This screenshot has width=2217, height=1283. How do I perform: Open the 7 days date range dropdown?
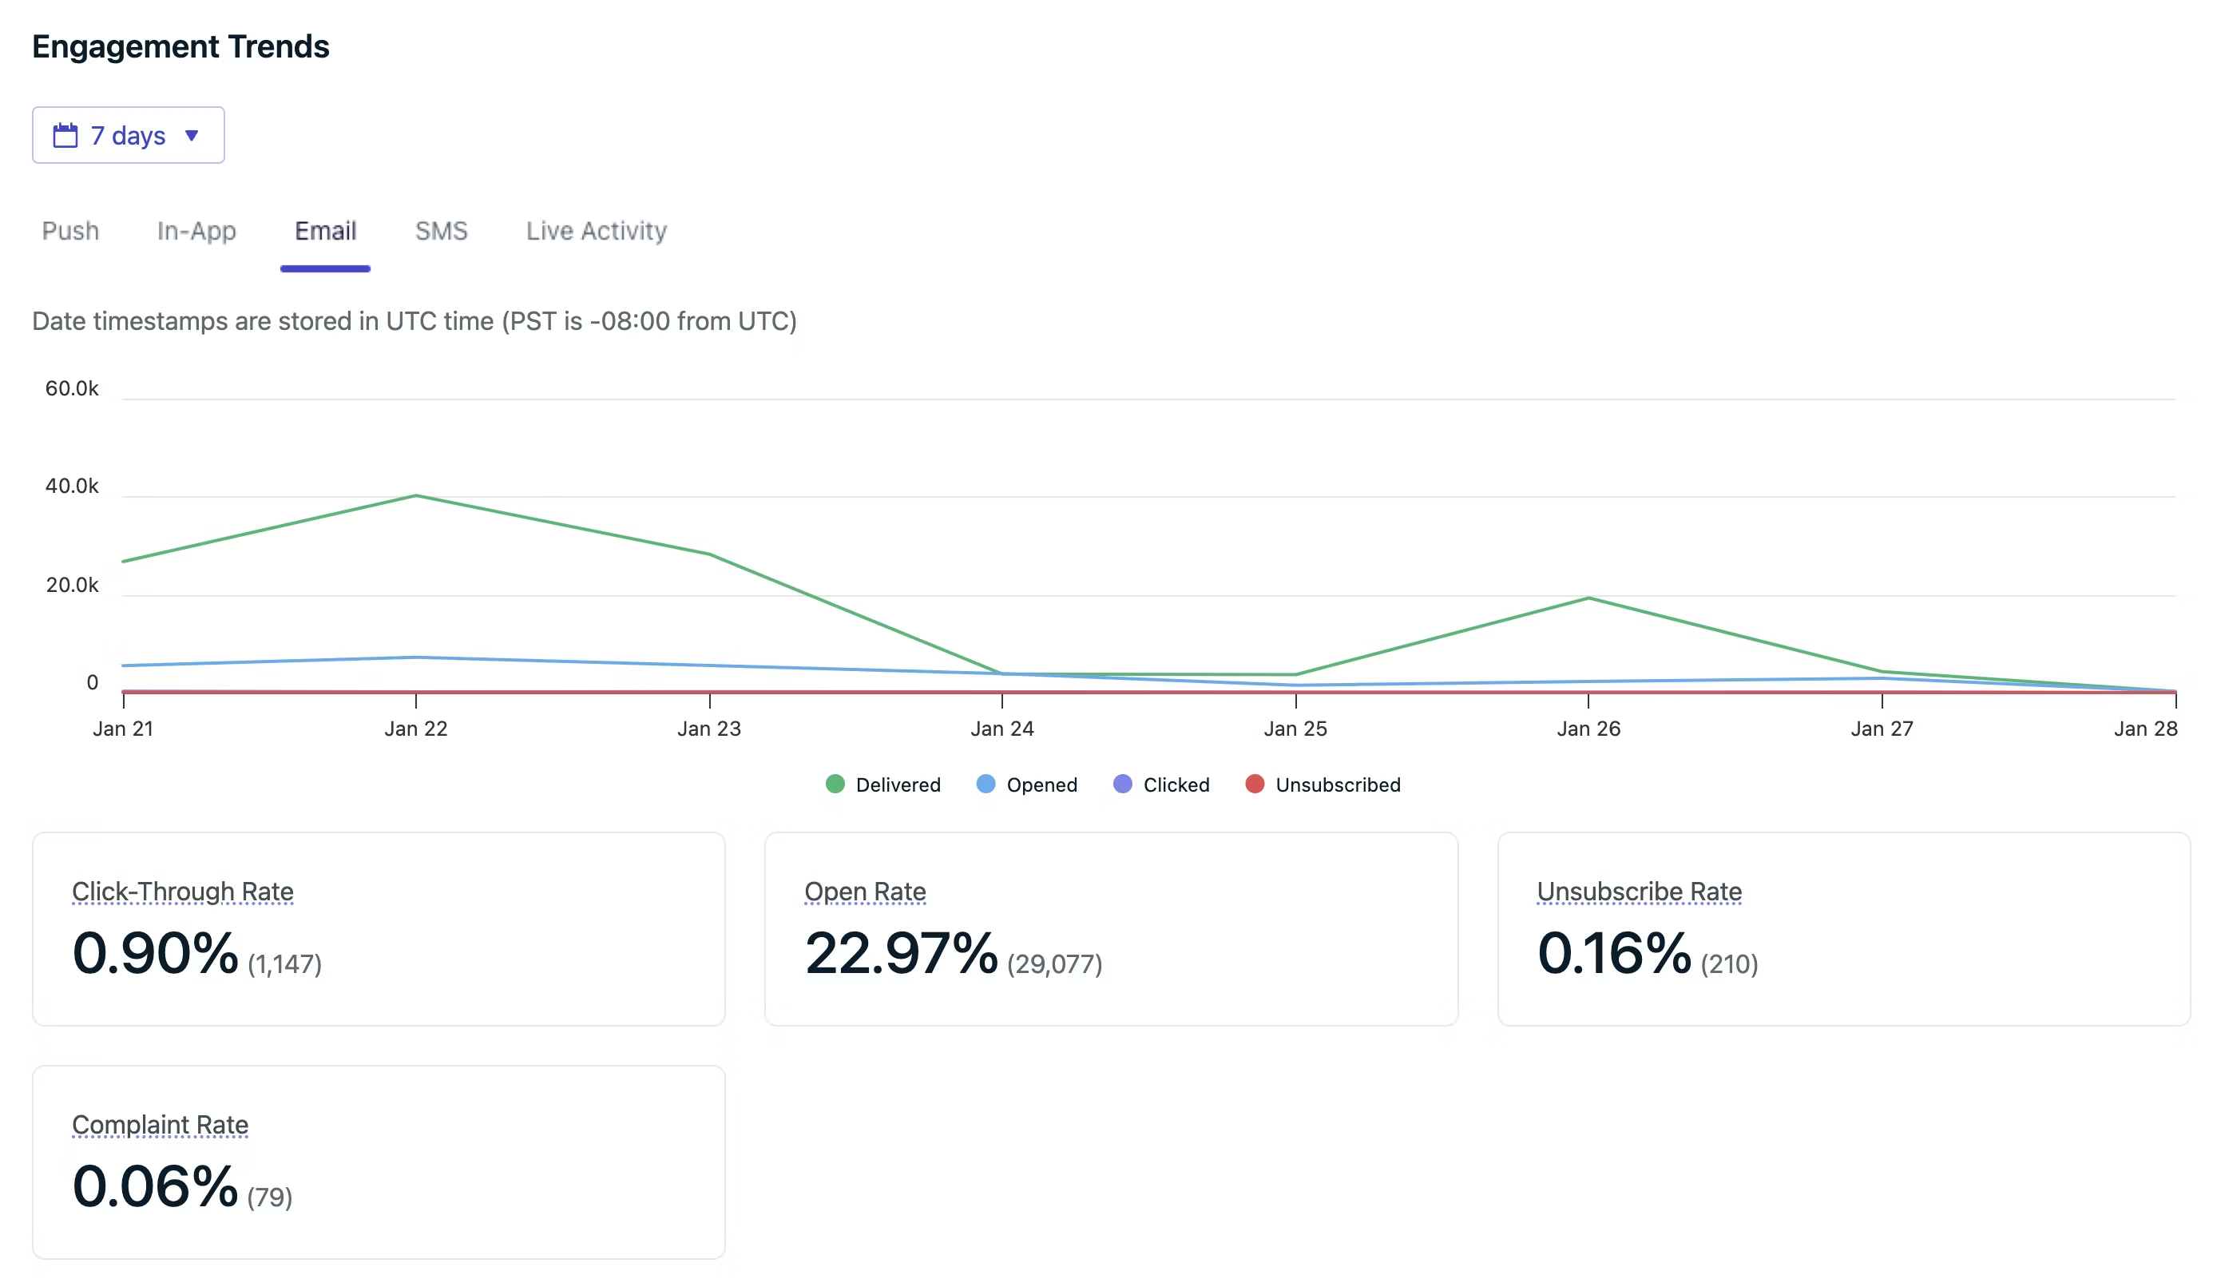pyautogui.click(x=129, y=136)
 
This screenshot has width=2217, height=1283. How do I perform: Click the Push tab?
pyautogui.click(x=70, y=231)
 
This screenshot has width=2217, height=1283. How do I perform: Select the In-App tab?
pyautogui.click(x=196, y=231)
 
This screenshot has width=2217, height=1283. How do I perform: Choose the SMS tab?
pyautogui.click(x=441, y=231)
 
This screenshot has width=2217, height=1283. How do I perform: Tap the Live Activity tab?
pyautogui.click(x=596, y=231)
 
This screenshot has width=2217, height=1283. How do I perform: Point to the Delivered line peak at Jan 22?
pyautogui.click(x=416, y=496)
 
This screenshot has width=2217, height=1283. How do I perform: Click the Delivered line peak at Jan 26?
pyautogui.click(x=1588, y=598)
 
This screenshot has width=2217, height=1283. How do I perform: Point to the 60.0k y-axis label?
pyautogui.click(x=72, y=388)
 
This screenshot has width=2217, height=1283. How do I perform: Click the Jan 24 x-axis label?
pyautogui.click(x=1002, y=729)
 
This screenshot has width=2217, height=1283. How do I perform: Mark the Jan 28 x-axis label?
pyautogui.click(x=2145, y=729)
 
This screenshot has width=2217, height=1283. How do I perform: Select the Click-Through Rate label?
pyautogui.click(x=183, y=892)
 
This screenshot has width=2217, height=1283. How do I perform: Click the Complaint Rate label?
pyautogui.click(x=160, y=1125)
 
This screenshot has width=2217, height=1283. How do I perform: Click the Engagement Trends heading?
pyautogui.click(x=180, y=46)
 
